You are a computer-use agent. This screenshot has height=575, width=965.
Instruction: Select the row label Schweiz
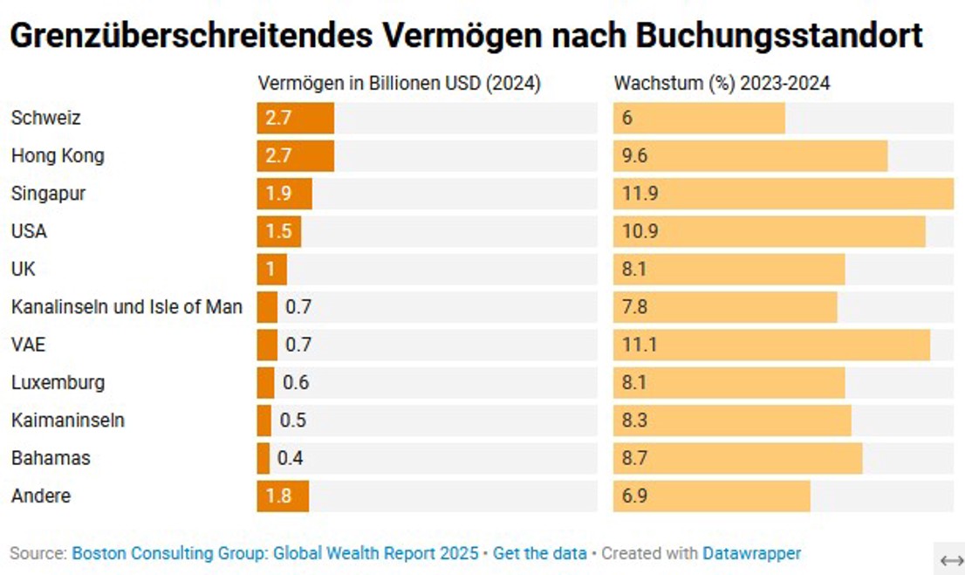pos(45,118)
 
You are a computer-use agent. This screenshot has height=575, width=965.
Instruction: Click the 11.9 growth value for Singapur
pos(640,194)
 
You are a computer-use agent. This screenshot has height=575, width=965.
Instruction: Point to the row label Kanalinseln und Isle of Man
pos(127,307)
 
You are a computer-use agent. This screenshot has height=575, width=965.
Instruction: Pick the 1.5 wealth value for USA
pos(278,232)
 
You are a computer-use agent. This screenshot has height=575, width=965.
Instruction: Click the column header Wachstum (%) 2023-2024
pos(722,84)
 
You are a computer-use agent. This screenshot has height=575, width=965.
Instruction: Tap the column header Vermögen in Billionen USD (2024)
pos(399,84)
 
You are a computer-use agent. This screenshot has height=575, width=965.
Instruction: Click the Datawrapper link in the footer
pos(751,553)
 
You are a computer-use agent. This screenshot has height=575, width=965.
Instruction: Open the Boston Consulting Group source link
pos(275,553)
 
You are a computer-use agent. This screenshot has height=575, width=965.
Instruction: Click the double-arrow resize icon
pos(951,559)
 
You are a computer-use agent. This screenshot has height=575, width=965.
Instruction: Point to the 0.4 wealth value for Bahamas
pos(290,458)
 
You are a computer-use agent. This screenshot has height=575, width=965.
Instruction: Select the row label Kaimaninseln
pos(67,421)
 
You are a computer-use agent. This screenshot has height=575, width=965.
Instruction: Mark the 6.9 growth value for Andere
pos(634,496)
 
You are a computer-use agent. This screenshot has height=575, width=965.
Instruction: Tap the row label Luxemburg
pos(58,382)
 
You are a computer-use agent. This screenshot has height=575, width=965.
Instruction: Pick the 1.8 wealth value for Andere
pos(278,496)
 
